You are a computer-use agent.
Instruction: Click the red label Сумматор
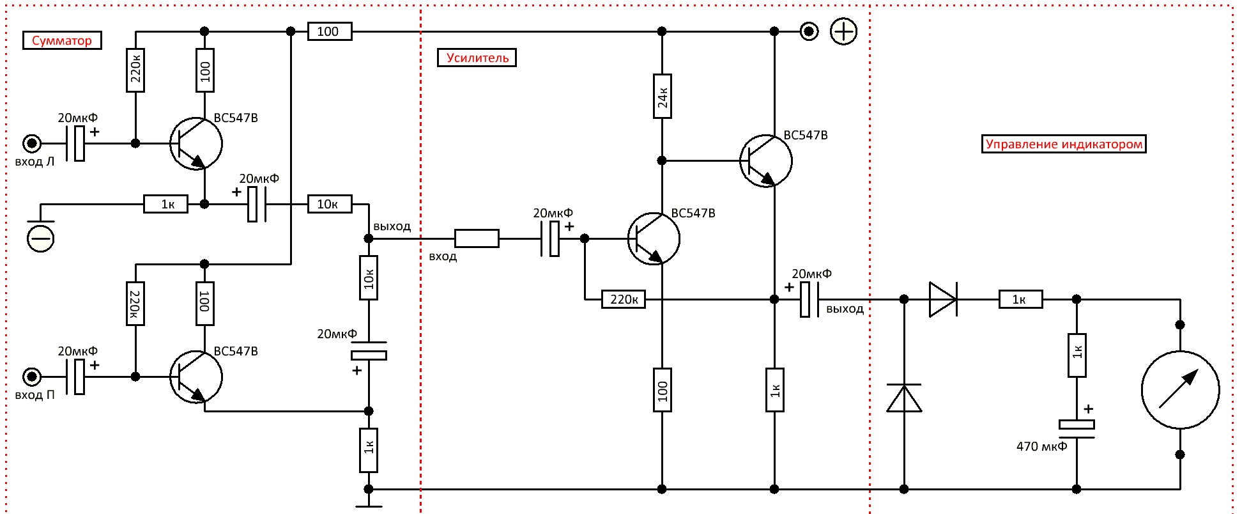62,40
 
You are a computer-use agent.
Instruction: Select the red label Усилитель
477,58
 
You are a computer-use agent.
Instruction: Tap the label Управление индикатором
1064,144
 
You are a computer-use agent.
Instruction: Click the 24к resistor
662,97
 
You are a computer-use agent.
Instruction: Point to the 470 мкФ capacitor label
1041,446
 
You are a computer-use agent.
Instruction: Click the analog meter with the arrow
1180,389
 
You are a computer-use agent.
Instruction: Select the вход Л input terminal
32,143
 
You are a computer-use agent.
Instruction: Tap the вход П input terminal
32,377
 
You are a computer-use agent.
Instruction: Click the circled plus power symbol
843,31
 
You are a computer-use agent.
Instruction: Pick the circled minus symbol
41,238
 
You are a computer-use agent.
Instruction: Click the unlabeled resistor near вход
477,238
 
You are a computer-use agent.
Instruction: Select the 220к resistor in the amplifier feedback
624,299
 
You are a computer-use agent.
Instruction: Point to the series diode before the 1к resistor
943,299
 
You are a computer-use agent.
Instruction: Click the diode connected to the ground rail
904,398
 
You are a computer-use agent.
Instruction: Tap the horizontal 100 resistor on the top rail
330,31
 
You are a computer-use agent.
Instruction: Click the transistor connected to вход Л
196,143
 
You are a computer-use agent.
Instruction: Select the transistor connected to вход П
196,377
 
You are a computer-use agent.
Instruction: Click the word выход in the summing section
392,226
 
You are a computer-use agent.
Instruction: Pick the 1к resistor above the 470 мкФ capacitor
1077,355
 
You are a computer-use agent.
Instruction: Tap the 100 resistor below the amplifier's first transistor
662,390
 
